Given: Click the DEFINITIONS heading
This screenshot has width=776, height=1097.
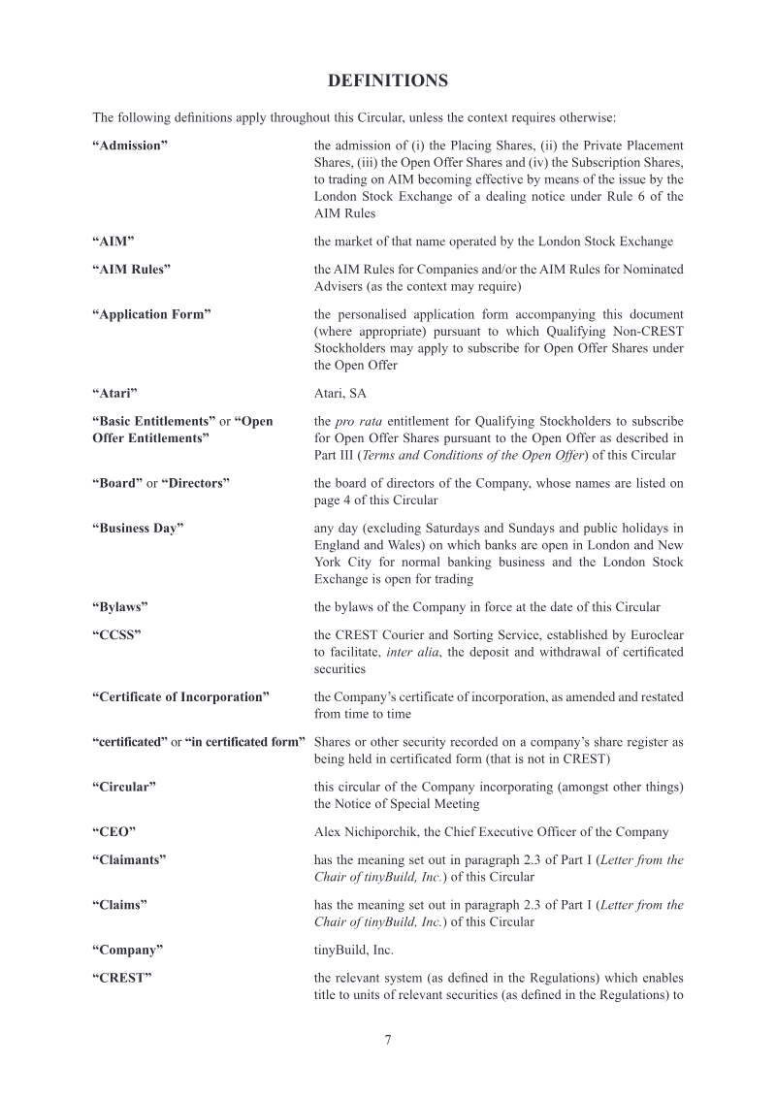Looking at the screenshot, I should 387,80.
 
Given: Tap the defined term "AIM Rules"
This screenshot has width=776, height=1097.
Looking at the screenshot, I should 131,269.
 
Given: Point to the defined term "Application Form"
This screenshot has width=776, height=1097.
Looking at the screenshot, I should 151,314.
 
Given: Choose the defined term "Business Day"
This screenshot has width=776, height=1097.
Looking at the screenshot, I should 138,528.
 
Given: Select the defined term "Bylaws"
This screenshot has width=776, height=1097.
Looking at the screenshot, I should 119,606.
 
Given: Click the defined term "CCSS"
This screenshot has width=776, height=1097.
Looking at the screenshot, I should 116,634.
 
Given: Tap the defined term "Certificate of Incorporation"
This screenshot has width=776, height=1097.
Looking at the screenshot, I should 180,696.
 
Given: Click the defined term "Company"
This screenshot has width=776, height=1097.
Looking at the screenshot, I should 127,950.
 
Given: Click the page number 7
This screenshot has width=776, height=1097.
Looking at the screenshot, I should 388,1040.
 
